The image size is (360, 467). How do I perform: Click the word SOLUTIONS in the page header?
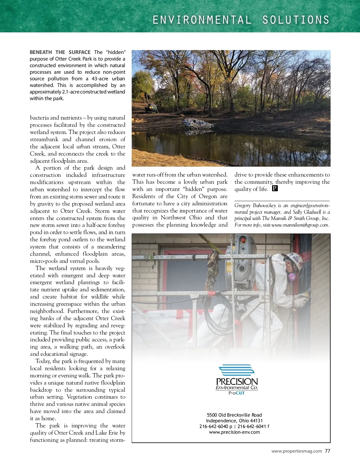tap(296, 20)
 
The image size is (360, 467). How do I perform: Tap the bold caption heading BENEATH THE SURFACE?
tap(60, 52)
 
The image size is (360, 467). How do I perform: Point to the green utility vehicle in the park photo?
tap(151, 108)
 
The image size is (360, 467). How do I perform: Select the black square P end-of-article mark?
tap(275, 189)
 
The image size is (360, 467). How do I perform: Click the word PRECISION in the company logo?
tap(237, 382)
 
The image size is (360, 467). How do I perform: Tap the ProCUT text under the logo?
tap(237, 393)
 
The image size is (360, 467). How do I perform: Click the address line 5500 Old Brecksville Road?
tap(234, 415)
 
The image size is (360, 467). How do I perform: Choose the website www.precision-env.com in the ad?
tap(234, 432)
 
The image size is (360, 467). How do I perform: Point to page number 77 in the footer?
tap(328, 451)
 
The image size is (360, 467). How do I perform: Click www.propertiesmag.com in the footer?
tap(296, 451)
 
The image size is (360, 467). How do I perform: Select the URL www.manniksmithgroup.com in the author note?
tap(300, 225)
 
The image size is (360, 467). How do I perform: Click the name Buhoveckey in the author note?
tap(264, 205)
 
